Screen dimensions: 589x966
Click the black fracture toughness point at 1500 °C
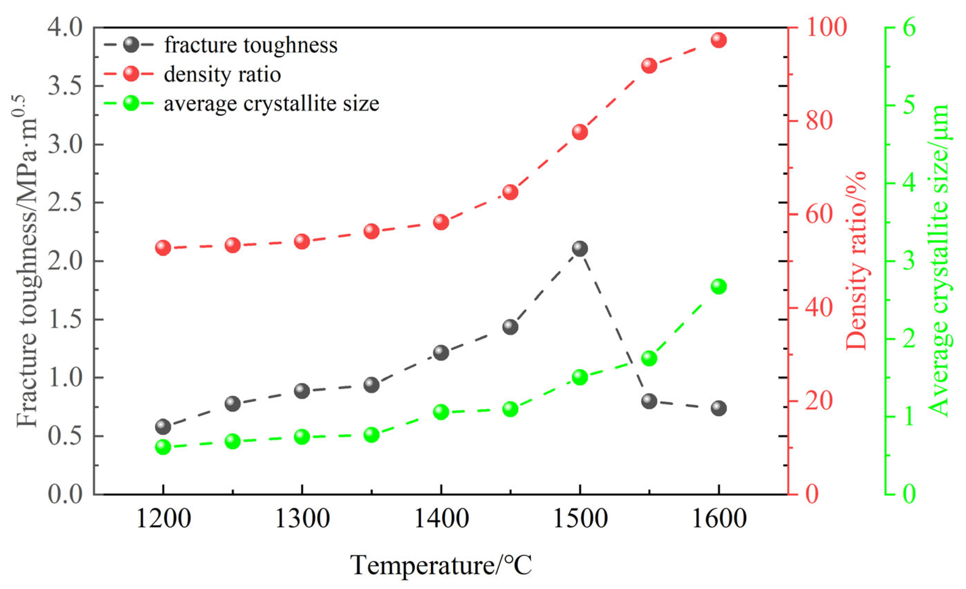pos(580,249)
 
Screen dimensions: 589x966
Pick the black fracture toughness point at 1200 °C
pos(163,426)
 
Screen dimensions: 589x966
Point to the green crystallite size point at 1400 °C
pos(441,412)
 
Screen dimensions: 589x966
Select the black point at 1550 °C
pos(649,401)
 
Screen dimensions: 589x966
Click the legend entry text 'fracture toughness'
pos(251,45)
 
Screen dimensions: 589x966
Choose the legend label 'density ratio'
pos(222,74)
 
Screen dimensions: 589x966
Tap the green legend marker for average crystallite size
pos(131,103)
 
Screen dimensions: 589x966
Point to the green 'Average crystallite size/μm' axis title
pos(939,261)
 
